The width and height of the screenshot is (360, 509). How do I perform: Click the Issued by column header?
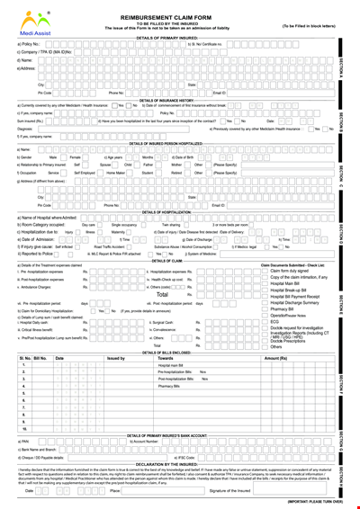click(116, 359)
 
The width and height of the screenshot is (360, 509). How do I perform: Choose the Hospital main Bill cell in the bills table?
click(171, 366)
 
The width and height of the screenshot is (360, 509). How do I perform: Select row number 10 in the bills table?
click(24, 428)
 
